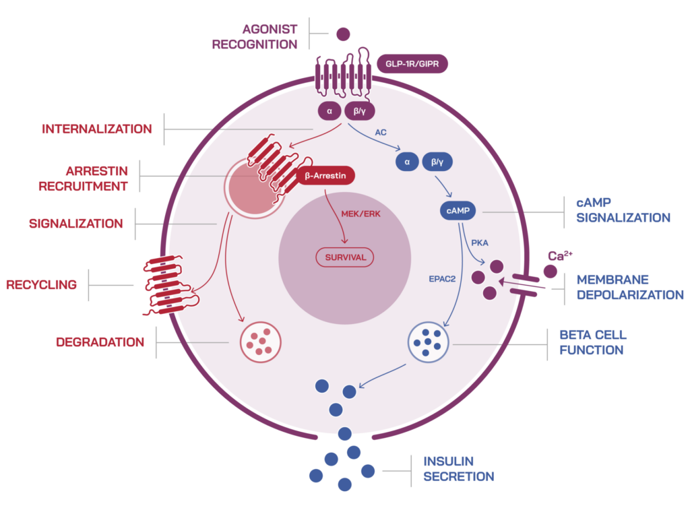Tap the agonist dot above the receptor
click(x=343, y=33)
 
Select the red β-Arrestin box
click(x=325, y=177)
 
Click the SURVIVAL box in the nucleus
click(x=345, y=257)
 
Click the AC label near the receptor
click(x=380, y=133)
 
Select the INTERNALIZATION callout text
click(x=97, y=129)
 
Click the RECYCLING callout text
click(x=41, y=285)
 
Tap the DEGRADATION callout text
click(x=100, y=342)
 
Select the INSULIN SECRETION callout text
click(x=458, y=469)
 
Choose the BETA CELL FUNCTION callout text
click(x=593, y=342)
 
